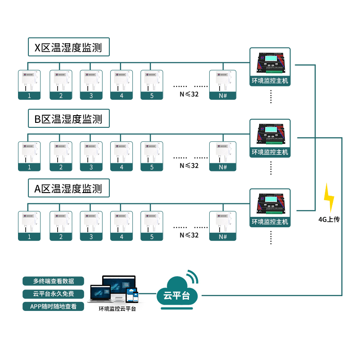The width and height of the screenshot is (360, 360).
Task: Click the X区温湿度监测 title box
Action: tap(68, 47)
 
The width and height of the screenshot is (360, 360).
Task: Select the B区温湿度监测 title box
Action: tap(68, 119)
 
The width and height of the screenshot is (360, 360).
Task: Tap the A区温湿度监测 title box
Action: tap(68, 189)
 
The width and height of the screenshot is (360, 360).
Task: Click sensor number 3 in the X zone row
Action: tap(91, 85)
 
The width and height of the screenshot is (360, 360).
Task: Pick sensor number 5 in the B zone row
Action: tap(152, 156)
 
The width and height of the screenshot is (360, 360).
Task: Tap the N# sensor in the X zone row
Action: tap(223, 85)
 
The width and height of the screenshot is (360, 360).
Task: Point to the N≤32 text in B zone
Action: tap(189, 165)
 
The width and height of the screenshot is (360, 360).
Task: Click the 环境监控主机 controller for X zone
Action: tap(270, 67)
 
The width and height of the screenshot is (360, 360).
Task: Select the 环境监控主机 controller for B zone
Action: tap(270, 138)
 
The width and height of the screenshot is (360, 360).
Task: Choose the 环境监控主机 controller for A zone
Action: tap(270, 208)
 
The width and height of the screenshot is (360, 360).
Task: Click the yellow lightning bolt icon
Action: tap(329, 198)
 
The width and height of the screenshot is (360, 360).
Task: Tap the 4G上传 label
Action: tap(329, 220)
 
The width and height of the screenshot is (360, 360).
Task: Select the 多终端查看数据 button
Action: tap(54, 281)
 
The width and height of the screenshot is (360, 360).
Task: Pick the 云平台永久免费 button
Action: tap(54, 294)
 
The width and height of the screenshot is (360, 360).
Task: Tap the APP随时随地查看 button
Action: tap(54, 306)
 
